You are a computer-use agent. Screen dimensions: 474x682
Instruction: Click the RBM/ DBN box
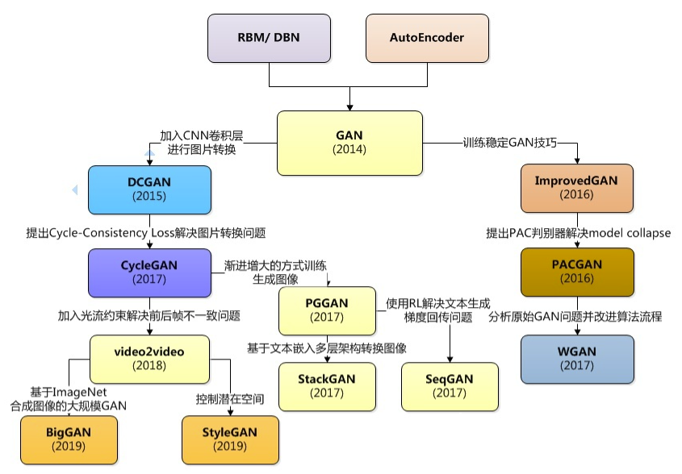pos(270,39)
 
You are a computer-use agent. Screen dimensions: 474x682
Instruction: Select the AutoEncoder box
pos(426,39)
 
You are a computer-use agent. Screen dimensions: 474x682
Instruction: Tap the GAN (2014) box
pos(349,143)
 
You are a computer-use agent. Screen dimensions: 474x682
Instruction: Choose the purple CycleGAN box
pos(149,272)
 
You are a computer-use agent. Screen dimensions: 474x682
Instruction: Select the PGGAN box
pos(327,311)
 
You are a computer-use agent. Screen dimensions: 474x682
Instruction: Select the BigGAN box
pos(68,439)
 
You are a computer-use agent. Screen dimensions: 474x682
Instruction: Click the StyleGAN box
pos(231,439)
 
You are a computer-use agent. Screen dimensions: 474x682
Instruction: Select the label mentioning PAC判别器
pos(578,233)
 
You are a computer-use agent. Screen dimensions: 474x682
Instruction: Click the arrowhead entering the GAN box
pos(349,106)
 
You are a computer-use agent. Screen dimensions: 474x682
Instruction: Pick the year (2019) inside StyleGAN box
pos(231,446)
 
